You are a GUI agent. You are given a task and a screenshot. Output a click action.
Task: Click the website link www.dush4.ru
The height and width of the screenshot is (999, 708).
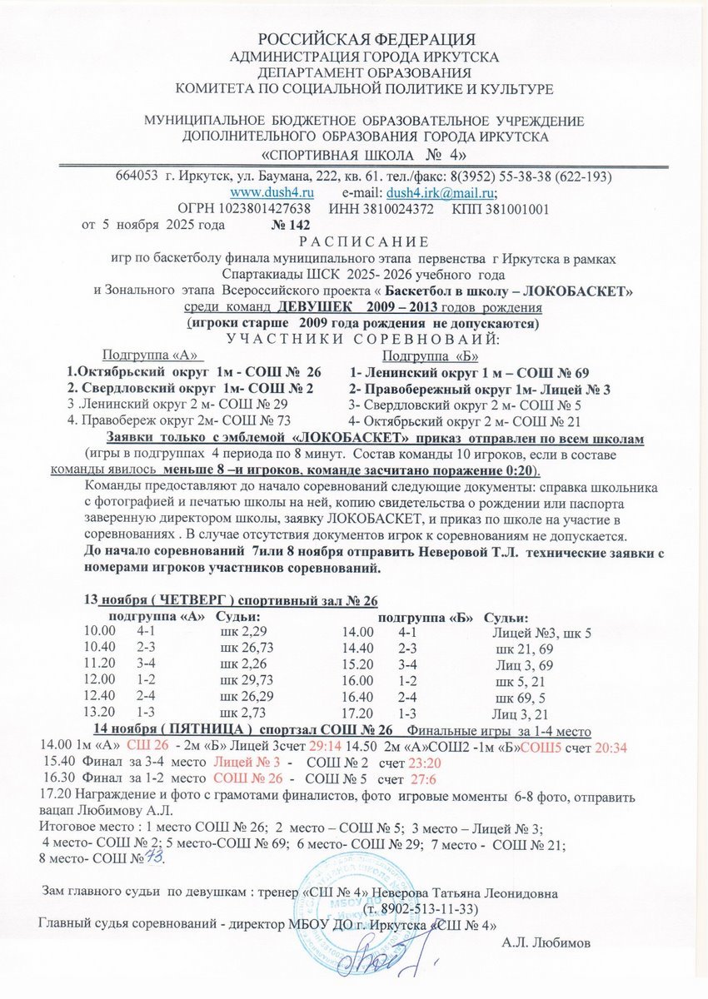[x=266, y=191]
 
